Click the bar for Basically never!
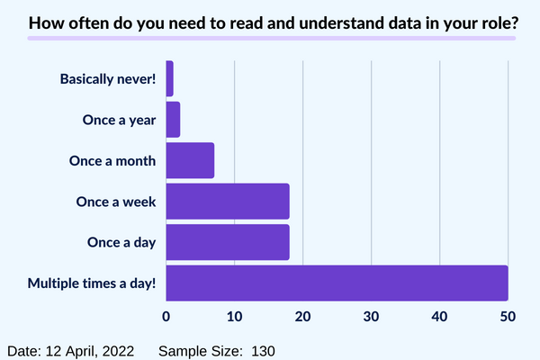click(x=169, y=78)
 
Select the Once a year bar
click(x=173, y=120)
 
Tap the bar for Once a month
click(x=190, y=160)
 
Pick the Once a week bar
click(x=228, y=202)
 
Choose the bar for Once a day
click(x=228, y=242)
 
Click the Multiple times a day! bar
click(x=337, y=283)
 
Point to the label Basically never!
click(x=108, y=79)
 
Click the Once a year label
click(x=119, y=121)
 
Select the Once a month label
click(x=112, y=161)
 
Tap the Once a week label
click(x=116, y=202)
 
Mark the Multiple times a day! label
click(x=92, y=283)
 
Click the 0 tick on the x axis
click(x=166, y=316)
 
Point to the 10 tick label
click(x=235, y=316)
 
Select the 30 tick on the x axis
click(x=371, y=316)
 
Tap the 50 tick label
click(x=508, y=316)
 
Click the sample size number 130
click(x=263, y=351)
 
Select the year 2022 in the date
click(x=118, y=351)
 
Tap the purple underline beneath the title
click(x=272, y=38)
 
